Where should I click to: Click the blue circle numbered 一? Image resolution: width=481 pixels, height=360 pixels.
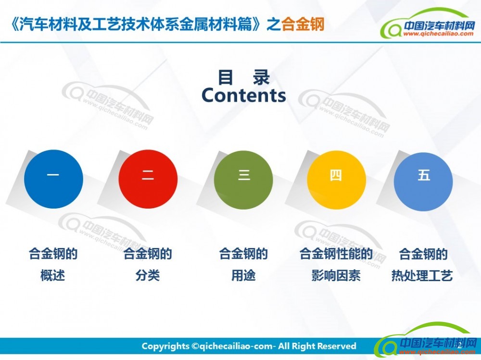pos(54,179)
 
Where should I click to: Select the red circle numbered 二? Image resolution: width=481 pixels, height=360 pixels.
pos(148,179)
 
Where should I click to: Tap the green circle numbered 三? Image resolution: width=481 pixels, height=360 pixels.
pos(243,180)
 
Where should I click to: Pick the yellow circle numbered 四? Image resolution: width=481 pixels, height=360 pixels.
pos(337,180)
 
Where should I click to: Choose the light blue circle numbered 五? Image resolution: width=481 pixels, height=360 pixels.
pos(423,182)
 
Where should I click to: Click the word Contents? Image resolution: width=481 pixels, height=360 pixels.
pos(244,95)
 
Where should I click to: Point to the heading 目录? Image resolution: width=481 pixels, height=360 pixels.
pos(244,77)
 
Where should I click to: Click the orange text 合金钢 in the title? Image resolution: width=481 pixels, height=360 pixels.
pos(303,24)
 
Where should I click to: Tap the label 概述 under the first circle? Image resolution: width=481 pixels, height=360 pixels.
pos(53,275)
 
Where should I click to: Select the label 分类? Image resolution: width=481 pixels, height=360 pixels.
pos(148,275)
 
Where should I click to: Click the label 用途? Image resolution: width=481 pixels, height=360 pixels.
pos(243,275)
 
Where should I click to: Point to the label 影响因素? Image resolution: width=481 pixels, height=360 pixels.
pos(336,275)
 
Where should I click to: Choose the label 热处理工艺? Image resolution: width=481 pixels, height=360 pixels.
pos(422,275)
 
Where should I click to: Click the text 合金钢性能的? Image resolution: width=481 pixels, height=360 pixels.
pos(336,254)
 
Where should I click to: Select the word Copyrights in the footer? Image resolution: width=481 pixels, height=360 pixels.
pos(165,347)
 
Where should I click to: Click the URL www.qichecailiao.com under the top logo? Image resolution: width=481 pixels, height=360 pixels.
pos(438,34)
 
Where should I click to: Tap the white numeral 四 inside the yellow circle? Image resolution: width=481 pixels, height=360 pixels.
pos(336,176)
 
